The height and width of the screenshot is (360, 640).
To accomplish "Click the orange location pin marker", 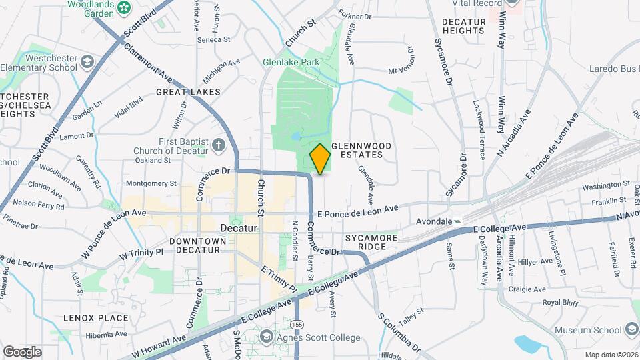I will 320,159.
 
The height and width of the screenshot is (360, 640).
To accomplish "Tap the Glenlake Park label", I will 291,62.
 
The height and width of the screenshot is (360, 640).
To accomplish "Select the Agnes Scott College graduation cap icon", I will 267,337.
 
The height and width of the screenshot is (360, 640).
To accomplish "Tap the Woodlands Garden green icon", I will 123,7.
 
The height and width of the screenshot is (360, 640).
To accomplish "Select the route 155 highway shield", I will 297,323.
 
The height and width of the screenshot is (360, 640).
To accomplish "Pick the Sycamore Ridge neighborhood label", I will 371,242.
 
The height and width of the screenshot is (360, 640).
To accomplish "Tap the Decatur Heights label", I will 463,26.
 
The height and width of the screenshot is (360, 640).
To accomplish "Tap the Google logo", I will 22,351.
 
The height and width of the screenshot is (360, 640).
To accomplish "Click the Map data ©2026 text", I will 611,354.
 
